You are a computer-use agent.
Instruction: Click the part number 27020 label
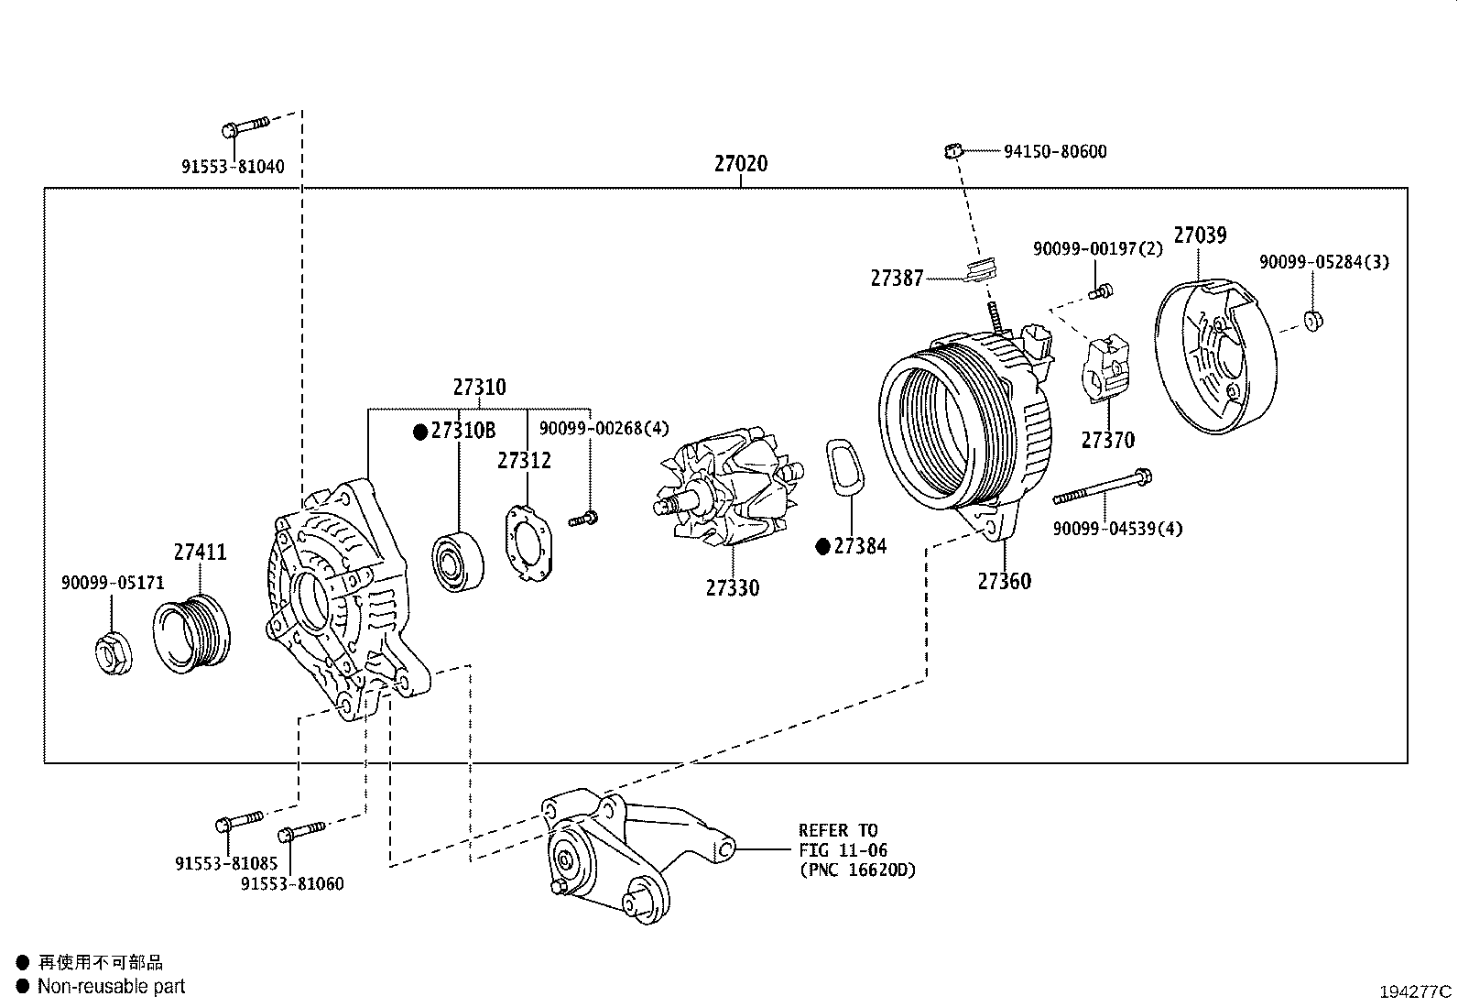click(x=740, y=164)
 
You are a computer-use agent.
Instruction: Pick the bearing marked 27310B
click(x=459, y=560)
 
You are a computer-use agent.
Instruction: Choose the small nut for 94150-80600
click(x=953, y=149)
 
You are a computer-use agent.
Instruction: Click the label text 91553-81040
click(x=232, y=167)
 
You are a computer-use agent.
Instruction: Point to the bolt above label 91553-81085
click(x=240, y=820)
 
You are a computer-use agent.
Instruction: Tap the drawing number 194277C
click(x=1416, y=991)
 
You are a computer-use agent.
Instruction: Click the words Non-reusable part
click(x=111, y=987)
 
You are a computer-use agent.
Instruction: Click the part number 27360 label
click(x=1004, y=581)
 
